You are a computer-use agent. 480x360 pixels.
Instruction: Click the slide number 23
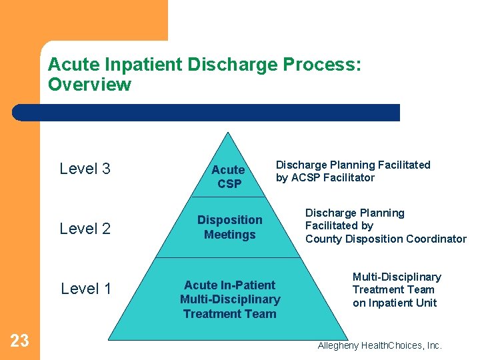[19, 341]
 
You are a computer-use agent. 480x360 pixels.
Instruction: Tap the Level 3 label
[85, 169]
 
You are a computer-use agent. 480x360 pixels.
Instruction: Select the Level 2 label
[85, 229]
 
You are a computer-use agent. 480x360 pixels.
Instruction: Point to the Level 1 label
[86, 289]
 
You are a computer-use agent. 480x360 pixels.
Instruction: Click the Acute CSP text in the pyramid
[229, 177]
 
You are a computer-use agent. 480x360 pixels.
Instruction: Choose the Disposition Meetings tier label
[229, 227]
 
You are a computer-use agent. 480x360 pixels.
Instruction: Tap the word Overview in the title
[89, 85]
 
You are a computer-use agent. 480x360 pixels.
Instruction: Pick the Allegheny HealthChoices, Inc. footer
[379, 345]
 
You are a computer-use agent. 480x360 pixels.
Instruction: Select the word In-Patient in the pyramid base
[248, 285]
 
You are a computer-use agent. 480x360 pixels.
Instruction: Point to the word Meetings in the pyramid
[229, 235]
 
